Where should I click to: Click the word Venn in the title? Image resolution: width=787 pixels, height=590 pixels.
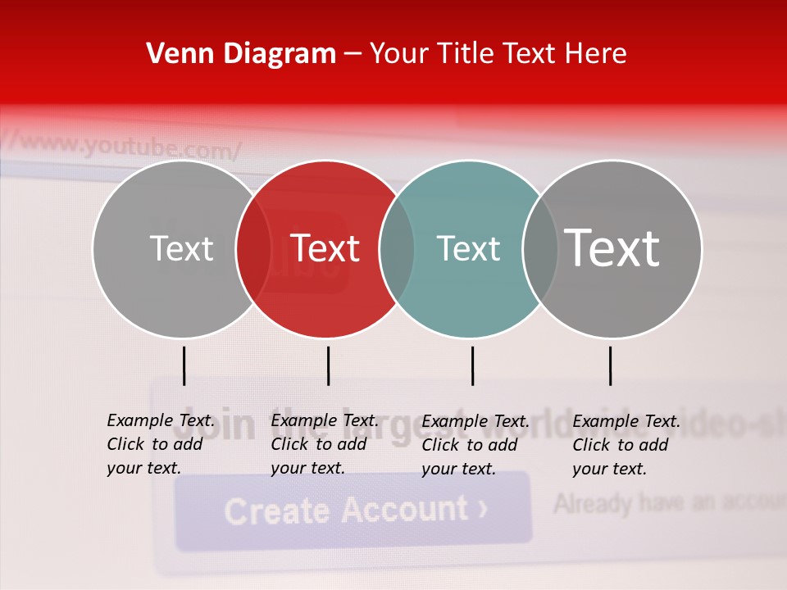172,54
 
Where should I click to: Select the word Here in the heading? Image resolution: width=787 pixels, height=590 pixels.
595,54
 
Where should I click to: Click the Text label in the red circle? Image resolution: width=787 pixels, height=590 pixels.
325,248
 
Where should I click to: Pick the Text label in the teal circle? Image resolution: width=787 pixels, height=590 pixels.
468,248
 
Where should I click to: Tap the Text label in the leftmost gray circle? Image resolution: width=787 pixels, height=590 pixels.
181,248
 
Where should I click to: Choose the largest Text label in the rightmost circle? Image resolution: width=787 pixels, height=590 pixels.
612,248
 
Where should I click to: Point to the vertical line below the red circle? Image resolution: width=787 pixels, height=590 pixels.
328,365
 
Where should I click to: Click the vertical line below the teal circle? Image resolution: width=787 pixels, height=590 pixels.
472,365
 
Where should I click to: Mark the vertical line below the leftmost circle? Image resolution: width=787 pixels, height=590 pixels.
184,365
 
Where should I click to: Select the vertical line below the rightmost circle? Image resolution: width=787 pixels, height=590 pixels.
610,365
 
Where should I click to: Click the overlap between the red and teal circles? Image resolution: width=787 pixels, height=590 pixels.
397,248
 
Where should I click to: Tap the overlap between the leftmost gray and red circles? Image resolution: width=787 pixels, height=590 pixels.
253,248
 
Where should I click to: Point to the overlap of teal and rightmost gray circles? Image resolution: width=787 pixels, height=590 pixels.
540,248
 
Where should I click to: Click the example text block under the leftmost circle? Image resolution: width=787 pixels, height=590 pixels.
160,444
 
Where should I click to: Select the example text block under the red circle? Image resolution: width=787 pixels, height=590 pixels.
324,444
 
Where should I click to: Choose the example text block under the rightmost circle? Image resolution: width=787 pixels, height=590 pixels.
626,445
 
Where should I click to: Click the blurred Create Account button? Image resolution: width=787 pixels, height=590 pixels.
353,510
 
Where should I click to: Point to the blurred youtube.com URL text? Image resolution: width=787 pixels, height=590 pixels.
131,147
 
